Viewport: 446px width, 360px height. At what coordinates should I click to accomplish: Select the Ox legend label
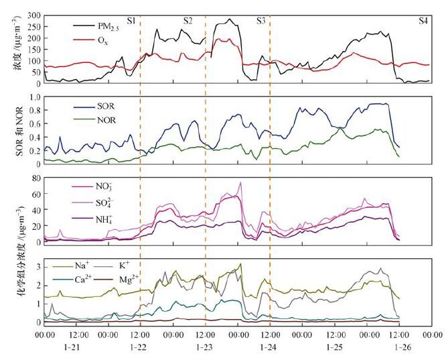coord(103,40)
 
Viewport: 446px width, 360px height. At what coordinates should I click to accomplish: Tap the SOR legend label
coord(106,106)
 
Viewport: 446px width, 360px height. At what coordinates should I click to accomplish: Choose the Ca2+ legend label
coord(83,279)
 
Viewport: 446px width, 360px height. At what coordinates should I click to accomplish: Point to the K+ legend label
coord(124,265)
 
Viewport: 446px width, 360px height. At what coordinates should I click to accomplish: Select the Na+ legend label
coord(82,265)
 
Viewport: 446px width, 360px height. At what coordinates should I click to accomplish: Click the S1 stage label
coord(131,21)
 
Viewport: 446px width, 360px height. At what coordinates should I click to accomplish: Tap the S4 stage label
coord(423,21)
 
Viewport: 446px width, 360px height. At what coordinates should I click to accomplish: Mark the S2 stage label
coord(188,21)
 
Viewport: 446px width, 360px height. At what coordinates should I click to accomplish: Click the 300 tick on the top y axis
coord(34,15)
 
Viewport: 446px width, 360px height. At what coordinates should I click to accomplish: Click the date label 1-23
coord(204,347)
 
